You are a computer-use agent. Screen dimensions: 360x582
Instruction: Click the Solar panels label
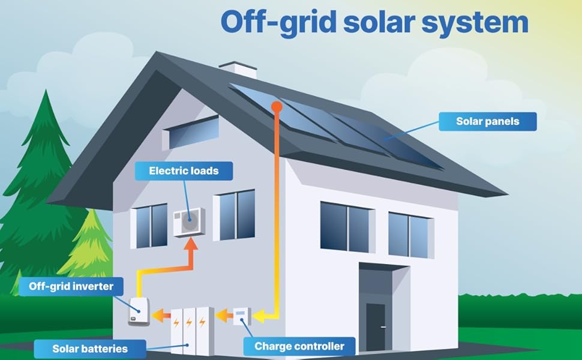point(487,121)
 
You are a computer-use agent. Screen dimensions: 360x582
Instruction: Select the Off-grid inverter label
point(71,286)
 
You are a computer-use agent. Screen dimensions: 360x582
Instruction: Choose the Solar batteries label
point(89,349)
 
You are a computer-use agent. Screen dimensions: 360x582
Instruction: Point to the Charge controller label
point(299,346)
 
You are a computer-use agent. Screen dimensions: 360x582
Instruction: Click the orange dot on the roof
point(277,107)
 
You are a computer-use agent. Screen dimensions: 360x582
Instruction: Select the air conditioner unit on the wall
point(190,222)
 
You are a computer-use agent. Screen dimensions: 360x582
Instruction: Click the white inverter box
point(139,311)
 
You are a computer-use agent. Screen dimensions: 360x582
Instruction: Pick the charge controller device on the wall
point(242,316)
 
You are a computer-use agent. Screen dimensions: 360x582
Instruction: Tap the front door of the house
point(376,326)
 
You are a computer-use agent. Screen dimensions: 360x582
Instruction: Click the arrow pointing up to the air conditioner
point(190,246)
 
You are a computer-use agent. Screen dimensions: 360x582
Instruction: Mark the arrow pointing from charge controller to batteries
point(223,314)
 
